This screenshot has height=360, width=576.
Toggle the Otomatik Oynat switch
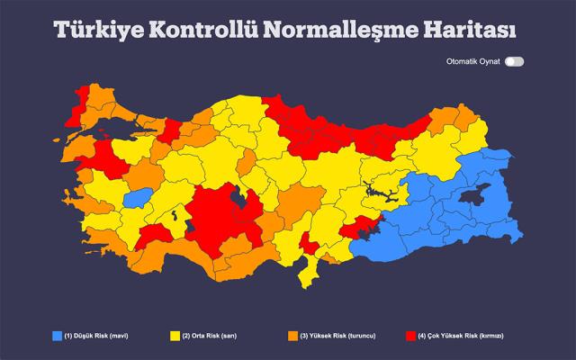[514, 62]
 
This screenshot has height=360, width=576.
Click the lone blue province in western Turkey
[138, 198]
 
